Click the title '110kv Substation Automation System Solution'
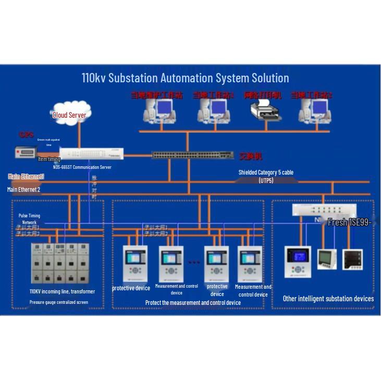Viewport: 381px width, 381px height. (x=185, y=78)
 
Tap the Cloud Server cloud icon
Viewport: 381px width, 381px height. (x=70, y=113)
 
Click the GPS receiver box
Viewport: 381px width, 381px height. (x=26, y=152)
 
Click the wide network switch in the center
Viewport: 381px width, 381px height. (x=192, y=155)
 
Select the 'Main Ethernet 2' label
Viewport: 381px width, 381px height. (x=23, y=190)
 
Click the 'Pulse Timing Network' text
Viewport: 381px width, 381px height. (x=29, y=218)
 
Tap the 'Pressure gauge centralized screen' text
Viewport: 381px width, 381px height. (x=58, y=302)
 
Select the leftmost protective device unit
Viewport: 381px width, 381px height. (x=134, y=263)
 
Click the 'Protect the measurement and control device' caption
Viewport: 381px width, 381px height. (x=193, y=303)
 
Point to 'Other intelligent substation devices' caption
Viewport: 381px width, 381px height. (x=328, y=299)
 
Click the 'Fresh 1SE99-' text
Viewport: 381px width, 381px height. (x=349, y=223)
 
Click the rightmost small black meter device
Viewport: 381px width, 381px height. (x=352, y=259)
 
